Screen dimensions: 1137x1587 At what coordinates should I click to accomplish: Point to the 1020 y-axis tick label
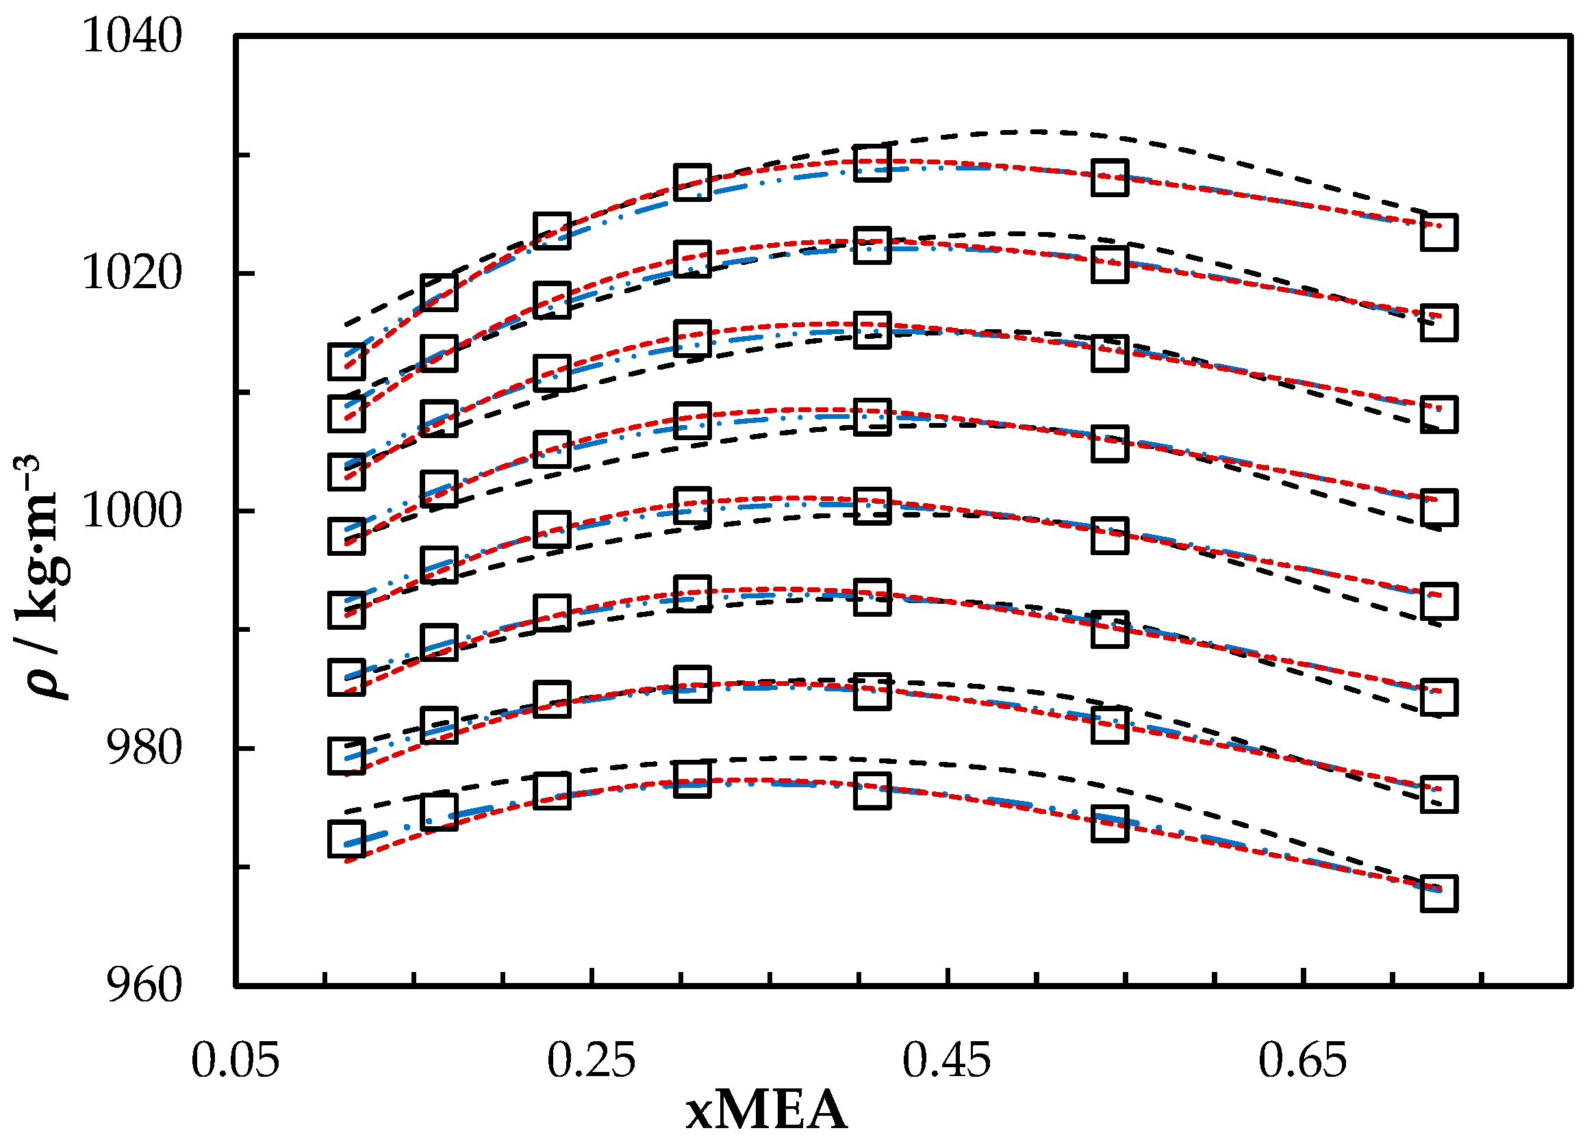point(132,274)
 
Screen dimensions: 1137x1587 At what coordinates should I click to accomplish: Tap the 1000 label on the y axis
point(132,511)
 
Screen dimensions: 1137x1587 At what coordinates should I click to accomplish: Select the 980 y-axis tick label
point(144,749)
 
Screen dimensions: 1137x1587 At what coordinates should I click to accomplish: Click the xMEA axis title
point(766,1111)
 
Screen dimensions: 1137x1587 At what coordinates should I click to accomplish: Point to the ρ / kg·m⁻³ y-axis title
point(43,577)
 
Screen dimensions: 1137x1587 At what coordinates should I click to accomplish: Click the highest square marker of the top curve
point(872,163)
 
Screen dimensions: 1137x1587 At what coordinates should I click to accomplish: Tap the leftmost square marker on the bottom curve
point(346,839)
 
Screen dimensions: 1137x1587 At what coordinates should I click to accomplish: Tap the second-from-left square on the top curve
point(439,292)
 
